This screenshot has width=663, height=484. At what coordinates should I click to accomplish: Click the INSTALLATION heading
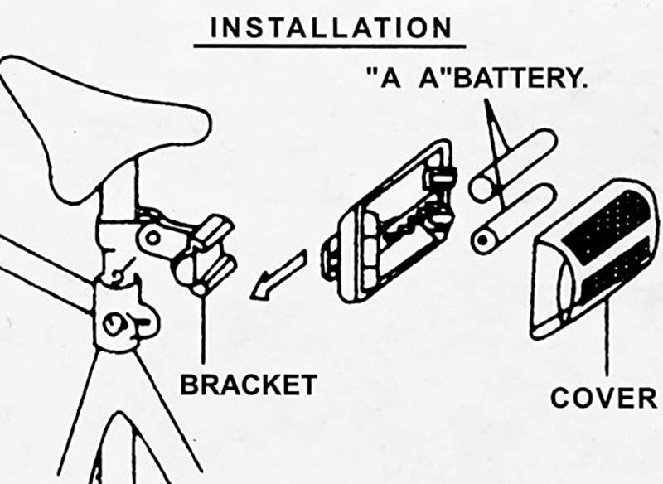coord(331,27)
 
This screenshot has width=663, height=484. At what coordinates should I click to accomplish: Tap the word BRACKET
coord(249,385)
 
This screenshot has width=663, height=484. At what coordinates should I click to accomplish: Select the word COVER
coord(603,398)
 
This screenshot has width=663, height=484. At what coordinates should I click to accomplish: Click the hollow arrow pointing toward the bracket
coord(278,276)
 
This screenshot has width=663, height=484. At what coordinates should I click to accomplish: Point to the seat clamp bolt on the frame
coord(113,322)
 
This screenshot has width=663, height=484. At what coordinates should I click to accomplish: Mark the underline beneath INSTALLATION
coord(331,45)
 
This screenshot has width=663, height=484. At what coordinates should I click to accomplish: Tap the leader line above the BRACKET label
coord(202,332)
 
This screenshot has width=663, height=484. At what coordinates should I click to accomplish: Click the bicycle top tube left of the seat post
coord(41,265)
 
